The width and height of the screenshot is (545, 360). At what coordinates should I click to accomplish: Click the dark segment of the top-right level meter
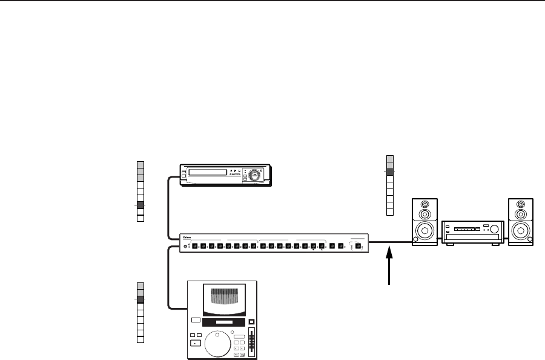pos(390,172)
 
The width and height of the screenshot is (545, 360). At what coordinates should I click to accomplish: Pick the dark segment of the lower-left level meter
pos(140,299)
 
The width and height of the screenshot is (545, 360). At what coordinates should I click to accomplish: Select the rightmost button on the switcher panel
pos(358,246)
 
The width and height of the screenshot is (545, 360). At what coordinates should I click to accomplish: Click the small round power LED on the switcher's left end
pos(186,247)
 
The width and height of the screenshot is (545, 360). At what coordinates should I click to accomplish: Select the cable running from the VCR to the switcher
pos(168,206)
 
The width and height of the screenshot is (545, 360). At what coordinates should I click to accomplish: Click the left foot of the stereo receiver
pos(449,245)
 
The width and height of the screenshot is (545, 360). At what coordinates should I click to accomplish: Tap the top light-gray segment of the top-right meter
pos(390,158)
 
